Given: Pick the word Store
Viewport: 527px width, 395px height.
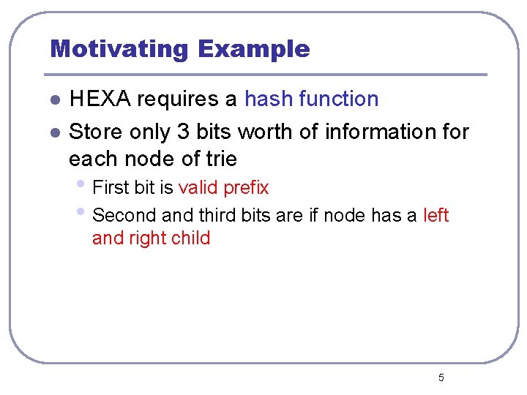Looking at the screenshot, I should tap(96, 132).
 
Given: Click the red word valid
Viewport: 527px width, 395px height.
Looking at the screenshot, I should tap(198, 188).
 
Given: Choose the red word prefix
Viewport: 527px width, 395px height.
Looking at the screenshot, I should tap(246, 188).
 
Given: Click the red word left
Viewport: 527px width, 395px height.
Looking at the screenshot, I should tap(436, 216).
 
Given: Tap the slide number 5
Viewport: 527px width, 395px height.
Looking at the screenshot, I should tap(441, 378).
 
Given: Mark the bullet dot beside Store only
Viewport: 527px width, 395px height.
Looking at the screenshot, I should tap(54, 133).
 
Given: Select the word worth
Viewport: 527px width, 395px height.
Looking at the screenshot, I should tap(270, 132).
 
